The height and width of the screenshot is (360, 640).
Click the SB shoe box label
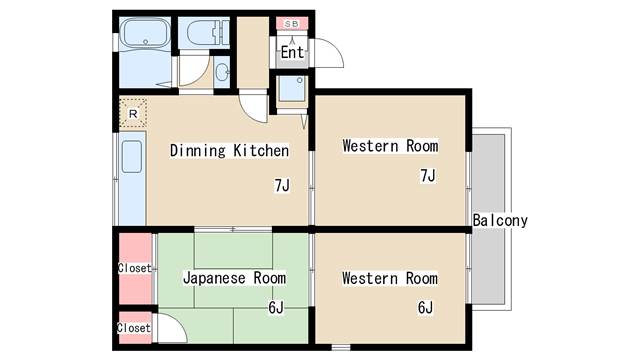pyautogui.click(x=291, y=24)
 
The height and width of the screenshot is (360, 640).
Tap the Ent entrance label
pyautogui.click(x=292, y=52)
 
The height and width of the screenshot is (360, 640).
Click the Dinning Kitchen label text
pyautogui.click(x=229, y=151)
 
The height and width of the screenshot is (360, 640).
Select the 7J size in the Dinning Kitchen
pyautogui.click(x=282, y=185)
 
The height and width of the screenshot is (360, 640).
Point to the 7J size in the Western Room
pyautogui.click(x=428, y=176)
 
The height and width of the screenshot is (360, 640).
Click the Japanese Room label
pyautogui.click(x=234, y=278)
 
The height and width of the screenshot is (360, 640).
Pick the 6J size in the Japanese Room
pyautogui.click(x=276, y=307)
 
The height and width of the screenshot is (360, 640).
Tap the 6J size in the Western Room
pyautogui.click(x=425, y=307)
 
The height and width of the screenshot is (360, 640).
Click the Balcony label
pyautogui.click(x=500, y=220)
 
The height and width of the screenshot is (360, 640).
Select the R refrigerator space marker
pyautogui.click(x=133, y=113)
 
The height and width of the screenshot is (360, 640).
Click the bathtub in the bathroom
pyautogui.click(x=146, y=33)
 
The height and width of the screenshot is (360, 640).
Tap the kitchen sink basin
pyautogui.click(x=132, y=157)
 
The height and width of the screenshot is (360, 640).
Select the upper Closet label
pyautogui.click(x=134, y=268)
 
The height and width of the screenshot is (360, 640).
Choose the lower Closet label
pyautogui.click(x=134, y=328)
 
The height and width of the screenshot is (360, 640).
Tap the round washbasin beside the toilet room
pyautogui.click(x=222, y=73)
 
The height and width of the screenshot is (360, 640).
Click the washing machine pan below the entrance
pyautogui.click(x=292, y=88)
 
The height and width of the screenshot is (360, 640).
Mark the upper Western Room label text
pyautogui.click(x=391, y=146)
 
